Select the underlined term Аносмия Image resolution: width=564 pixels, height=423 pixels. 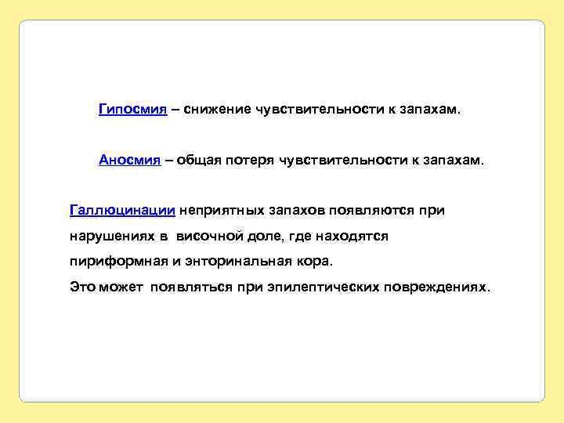130,160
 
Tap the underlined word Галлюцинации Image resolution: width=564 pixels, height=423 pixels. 122,210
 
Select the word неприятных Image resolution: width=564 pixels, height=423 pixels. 223,210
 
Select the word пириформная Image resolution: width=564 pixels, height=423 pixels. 116,261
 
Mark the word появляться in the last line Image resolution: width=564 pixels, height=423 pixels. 191,287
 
